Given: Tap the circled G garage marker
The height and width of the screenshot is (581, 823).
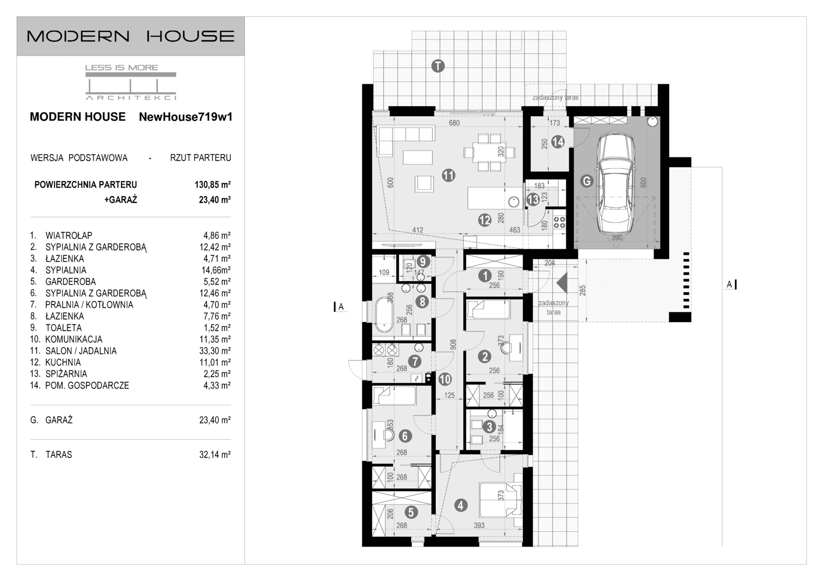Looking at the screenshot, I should click(x=586, y=181).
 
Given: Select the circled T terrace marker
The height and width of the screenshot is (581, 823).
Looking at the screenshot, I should click(x=438, y=66).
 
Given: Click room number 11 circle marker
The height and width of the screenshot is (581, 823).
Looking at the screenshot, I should click(x=449, y=175).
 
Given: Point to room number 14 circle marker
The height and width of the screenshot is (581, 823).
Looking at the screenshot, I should click(x=558, y=142).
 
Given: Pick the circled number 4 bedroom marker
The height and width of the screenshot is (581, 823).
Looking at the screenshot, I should click(x=460, y=505).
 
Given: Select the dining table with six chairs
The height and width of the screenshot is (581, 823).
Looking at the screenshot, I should click(x=489, y=152).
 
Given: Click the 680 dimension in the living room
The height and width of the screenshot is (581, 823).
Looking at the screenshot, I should click(x=454, y=123).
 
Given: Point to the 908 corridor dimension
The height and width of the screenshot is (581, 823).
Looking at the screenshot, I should click(x=452, y=344).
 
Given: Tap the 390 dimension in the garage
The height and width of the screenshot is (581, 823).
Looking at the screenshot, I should click(x=617, y=238).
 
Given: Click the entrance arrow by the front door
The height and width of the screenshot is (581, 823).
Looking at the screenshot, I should click(x=562, y=283).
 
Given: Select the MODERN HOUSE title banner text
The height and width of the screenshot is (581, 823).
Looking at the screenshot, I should click(x=131, y=36).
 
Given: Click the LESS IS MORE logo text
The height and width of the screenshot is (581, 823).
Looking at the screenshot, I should click(x=121, y=67).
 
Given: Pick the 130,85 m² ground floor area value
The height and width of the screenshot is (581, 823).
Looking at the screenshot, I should click(x=212, y=184).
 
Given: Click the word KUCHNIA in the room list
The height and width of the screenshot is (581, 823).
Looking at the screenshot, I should click(x=63, y=363).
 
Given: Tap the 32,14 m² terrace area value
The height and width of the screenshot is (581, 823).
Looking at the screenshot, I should click(x=214, y=455).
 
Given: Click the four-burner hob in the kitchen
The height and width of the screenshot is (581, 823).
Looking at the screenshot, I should click(x=559, y=222).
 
